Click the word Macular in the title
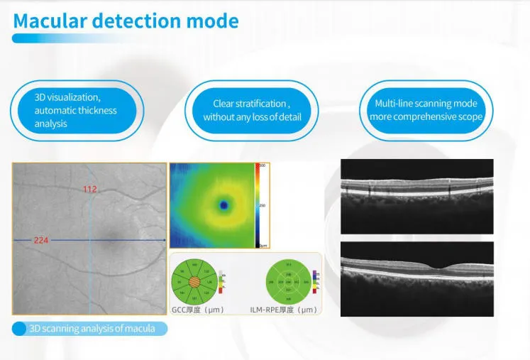49,21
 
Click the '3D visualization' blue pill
76,110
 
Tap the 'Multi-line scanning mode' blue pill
426,110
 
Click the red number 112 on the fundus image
89,189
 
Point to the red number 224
42,241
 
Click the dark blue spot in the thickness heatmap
224,204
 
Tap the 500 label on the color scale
261,166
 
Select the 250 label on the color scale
261,205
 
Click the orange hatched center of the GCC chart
195,281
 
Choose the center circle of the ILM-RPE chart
288,282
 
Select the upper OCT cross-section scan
416,195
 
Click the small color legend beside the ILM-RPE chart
314,281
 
